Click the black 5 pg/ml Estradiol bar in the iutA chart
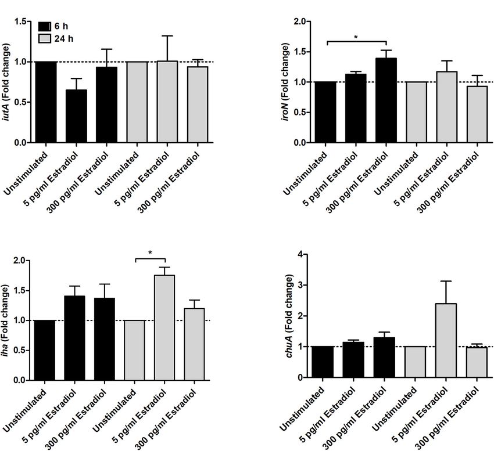(75, 116)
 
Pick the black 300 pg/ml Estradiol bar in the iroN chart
(386, 100)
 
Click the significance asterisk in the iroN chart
(356, 37)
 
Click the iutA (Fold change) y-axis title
(7, 82)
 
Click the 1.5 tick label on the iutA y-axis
(20, 21)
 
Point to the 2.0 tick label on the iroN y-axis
(300, 21)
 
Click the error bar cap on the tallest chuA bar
(446, 282)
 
